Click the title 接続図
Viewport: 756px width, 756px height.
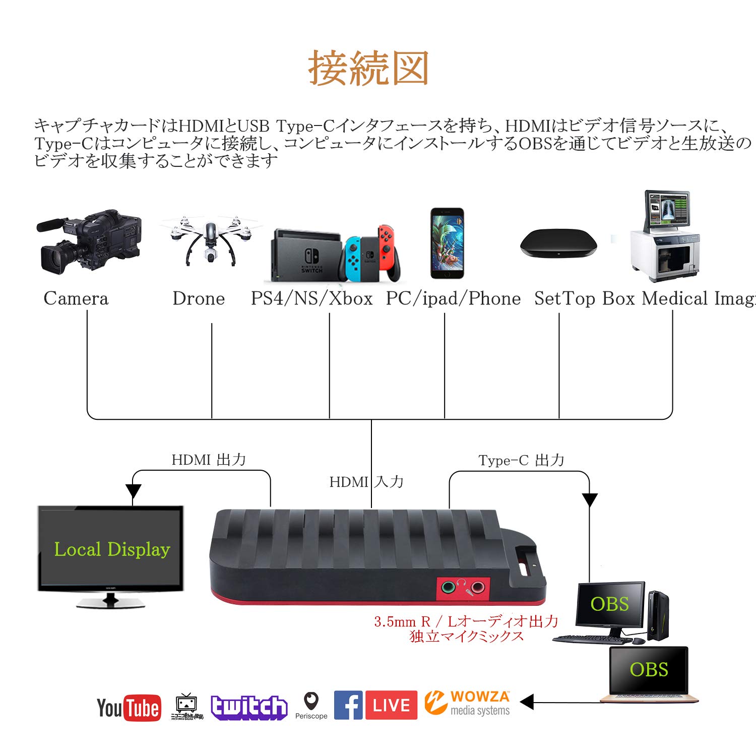click(368, 68)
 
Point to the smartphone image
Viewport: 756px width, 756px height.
click(447, 243)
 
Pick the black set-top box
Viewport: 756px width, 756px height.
click(558, 243)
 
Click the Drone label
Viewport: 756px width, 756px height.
click(199, 298)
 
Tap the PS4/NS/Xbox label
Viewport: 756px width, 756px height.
click(311, 298)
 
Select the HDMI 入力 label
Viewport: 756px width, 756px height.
click(366, 482)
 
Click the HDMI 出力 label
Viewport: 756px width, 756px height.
click(209, 460)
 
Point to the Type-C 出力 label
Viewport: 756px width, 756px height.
click(521, 460)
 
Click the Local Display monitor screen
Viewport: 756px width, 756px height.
click(111, 548)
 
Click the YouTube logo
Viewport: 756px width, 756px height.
click(129, 707)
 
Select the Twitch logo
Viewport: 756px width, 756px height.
click(249, 707)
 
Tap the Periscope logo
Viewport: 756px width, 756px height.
click(311, 705)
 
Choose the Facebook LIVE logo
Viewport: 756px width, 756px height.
click(375, 705)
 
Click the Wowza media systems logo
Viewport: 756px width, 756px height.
click(467, 703)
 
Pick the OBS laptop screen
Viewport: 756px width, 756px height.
click(649, 670)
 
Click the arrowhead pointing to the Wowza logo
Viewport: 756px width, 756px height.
click(527, 702)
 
